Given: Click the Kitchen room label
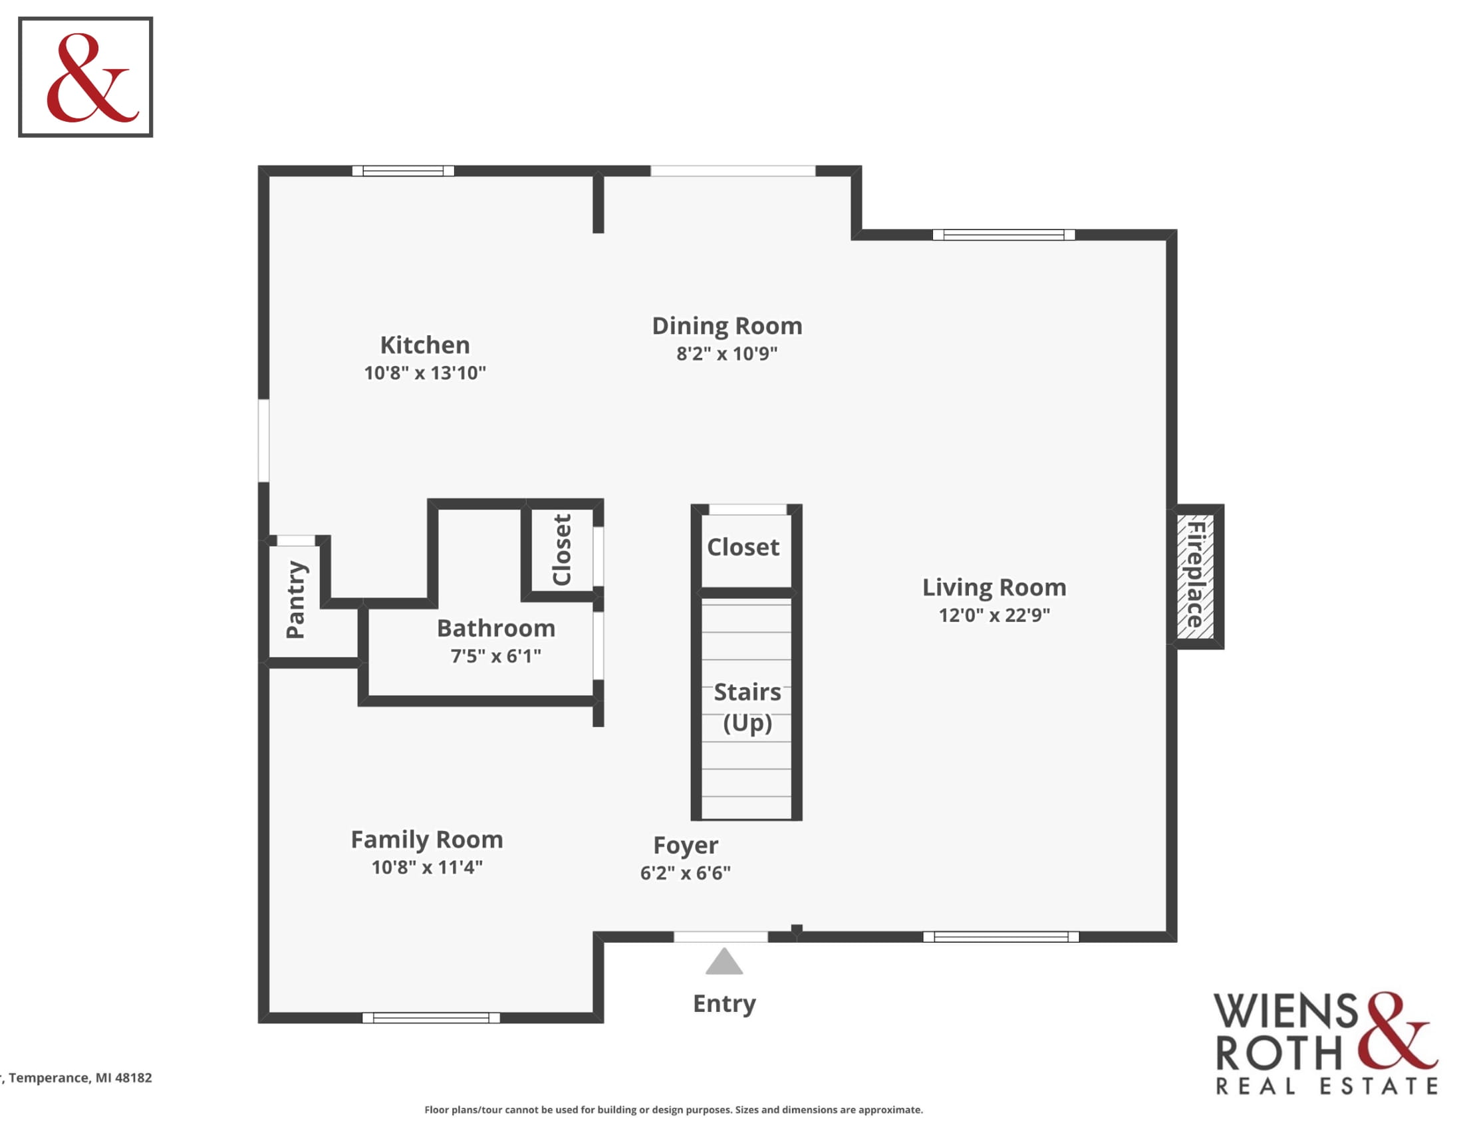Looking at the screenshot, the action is (x=425, y=345).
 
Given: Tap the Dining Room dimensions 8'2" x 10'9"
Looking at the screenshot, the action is (x=727, y=353).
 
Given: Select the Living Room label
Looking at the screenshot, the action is (x=994, y=587).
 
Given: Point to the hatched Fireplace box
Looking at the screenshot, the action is (x=1196, y=576).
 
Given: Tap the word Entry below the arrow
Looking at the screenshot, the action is (x=724, y=1004).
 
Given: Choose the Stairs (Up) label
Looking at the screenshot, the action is (x=747, y=708).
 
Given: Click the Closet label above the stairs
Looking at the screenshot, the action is (x=743, y=548).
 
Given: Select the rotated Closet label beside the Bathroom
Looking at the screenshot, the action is (x=561, y=550).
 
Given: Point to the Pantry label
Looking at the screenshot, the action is (x=295, y=599).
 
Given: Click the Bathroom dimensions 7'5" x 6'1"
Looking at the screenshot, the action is (x=495, y=656).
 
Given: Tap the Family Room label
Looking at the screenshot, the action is (x=427, y=840).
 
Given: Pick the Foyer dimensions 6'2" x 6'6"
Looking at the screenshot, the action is (x=685, y=873).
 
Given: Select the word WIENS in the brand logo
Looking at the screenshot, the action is (x=1285, y=1012).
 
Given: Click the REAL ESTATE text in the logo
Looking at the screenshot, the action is (x=1327, y=1086).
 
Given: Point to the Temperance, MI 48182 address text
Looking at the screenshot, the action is (x=77, y=1077).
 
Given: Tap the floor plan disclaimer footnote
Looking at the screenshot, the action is (x=673, y=1110).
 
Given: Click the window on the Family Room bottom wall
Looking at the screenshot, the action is (x=431, y=1018).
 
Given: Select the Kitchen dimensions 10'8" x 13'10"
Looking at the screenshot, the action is (x=425, y=373).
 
